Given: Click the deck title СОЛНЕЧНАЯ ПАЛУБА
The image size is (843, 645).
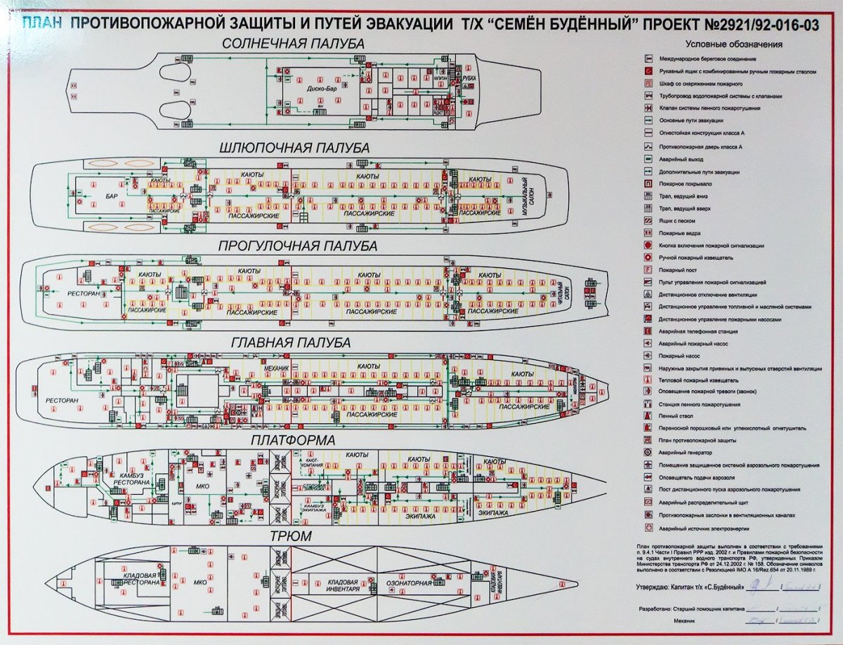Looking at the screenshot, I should (x=293, y=44).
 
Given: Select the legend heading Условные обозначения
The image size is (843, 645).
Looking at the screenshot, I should (x=733, y=45).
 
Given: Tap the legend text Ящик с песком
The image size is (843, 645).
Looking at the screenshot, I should (x=679, y=220).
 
